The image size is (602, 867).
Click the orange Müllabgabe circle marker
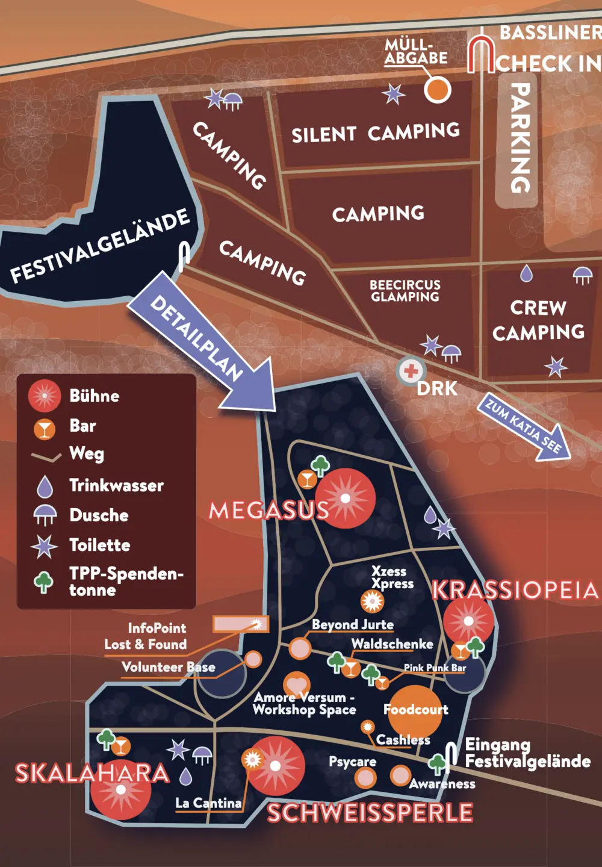(x=437, y=90)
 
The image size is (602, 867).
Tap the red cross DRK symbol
(x=411, y=371)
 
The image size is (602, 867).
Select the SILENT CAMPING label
(x=376, y=132)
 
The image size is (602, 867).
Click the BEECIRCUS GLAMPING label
(x=405, y=291)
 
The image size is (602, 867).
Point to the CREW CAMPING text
(x=538, y=320)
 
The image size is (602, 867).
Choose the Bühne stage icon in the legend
(x=45, y=396)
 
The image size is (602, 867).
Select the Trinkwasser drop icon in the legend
(x=45, y=486)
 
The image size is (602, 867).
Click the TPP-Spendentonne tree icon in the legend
(x=44, y=582)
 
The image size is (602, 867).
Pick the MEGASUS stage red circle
(x=345, y=499)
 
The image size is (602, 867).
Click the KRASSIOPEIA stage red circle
(x=468, y=621)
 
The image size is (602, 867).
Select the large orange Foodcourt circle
(x=415, y=710)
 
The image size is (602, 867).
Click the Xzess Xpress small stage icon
(x=372, y=601)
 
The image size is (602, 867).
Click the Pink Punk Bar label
(x=435, y=668)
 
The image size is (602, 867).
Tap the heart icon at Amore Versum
(x=296, y=685)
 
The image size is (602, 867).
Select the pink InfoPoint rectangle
(x=240, y=624)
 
